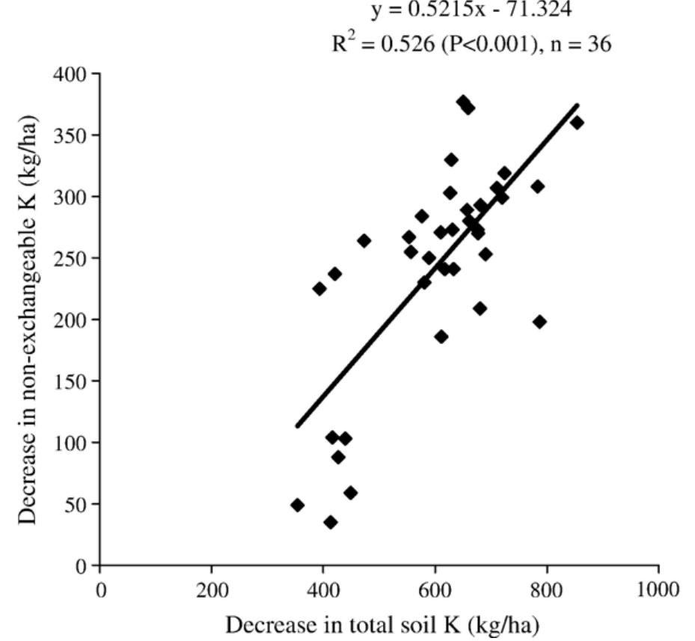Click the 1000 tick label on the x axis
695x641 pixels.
coord(658,589)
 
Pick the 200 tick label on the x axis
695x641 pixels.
coord(212,589)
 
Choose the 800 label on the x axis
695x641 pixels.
coord(547,589)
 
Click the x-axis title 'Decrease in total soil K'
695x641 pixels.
coord(382,624)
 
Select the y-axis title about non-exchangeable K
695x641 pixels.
coord(28,320)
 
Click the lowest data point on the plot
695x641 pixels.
coord(330,522)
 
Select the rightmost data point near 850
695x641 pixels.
coord(577,123)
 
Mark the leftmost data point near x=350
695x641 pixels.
coord(297,505)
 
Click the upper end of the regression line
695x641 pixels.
coord(578,105)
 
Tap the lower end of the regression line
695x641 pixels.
coord(297,426)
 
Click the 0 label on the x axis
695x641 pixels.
coord(100,589)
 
